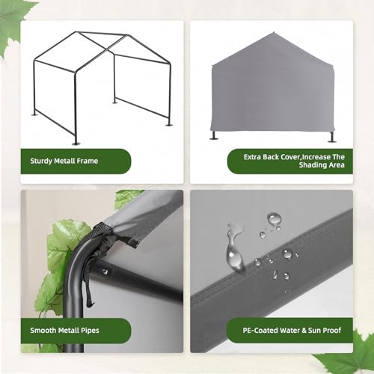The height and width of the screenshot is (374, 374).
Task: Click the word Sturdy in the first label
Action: (x=44, y=160)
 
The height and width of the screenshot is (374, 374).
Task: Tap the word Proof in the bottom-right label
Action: (x=333, y=329)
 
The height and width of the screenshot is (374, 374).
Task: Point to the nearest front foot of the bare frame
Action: (x=76, y=141)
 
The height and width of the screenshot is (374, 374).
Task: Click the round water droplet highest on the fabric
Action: (x=275, y=218)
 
